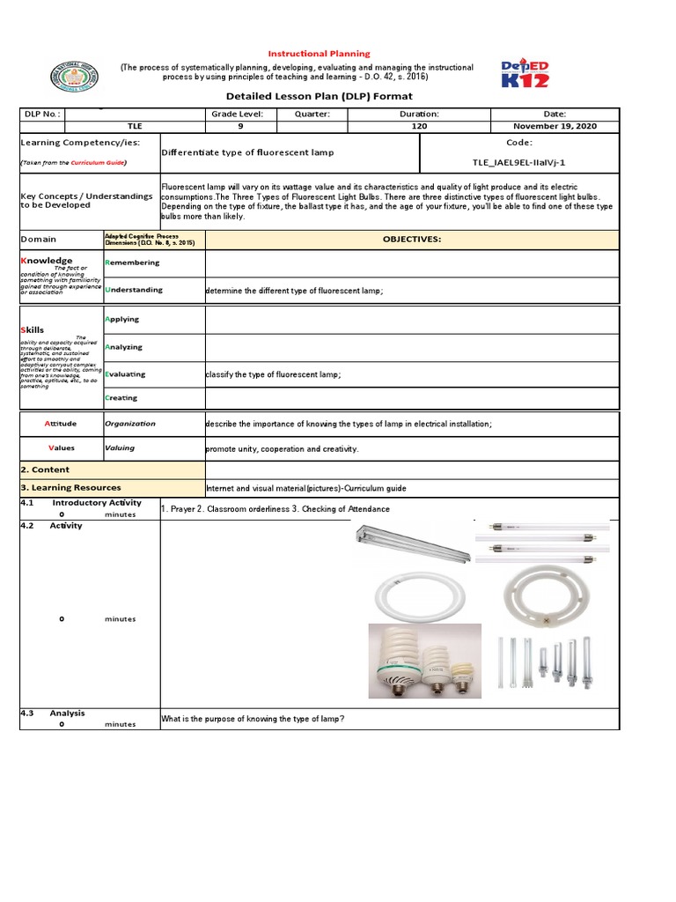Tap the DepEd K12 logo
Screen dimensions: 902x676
(525, 73)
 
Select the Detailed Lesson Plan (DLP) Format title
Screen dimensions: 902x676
(319, 96)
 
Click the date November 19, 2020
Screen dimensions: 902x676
(555, 126)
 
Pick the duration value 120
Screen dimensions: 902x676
(419, 126)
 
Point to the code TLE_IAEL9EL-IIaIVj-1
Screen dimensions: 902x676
(519, 162)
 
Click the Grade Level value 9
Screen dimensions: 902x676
(240, 126)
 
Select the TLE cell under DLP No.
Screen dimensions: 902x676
(134, 126)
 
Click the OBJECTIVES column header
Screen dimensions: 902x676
(412, 239)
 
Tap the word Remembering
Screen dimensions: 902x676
(133, 262)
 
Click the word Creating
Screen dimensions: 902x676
(121, 397)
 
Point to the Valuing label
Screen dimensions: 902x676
(120, 447)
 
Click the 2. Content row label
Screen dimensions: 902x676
(45, 469)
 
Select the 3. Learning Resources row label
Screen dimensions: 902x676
(71, 487)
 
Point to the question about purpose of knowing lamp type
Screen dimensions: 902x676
(252, 720)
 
